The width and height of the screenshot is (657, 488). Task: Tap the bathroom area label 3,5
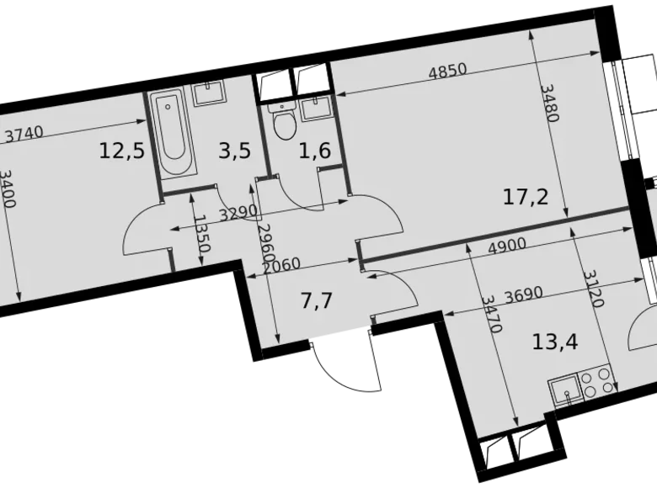coord(233,151)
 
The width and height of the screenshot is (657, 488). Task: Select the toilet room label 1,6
coord(315,151)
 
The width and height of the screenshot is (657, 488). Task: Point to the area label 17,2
coord(526,198)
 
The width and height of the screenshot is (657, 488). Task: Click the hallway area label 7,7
coord(316,300)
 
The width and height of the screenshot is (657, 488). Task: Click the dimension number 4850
coord(447,72)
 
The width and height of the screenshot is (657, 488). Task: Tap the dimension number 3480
coord(547,102)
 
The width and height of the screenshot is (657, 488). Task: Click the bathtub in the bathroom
coord(173,135)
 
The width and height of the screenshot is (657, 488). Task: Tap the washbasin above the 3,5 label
coord(208,92)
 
